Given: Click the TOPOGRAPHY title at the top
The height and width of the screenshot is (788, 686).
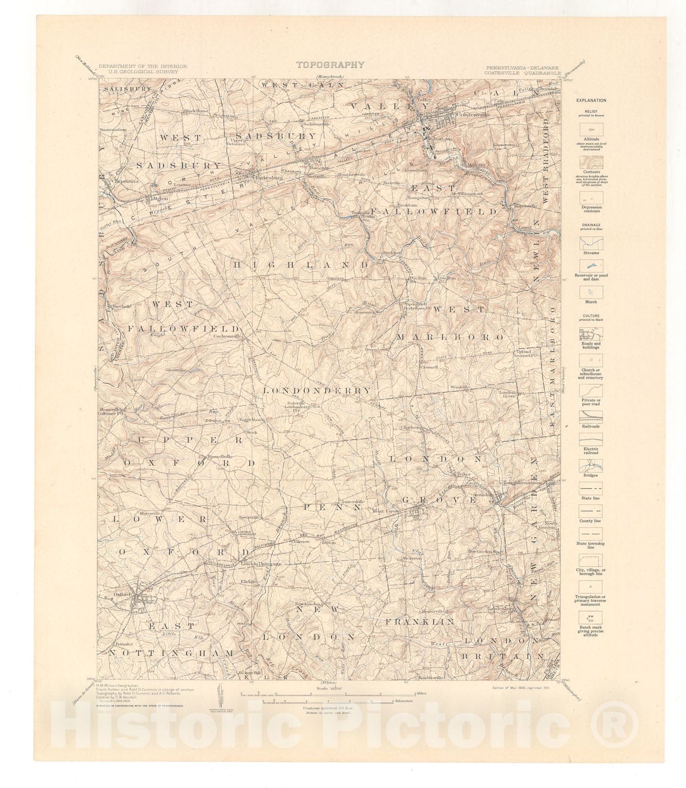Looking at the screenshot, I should tap(330, 65).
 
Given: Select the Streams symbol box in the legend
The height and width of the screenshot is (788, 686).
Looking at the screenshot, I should tap(591, 243).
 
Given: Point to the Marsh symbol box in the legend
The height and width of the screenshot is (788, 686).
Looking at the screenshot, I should tap(591, 291).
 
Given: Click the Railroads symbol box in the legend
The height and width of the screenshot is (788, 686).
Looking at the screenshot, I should tap(591, 417).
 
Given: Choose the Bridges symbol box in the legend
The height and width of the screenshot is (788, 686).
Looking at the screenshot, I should tap(591, 465).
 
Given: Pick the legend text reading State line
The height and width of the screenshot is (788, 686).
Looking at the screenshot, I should tap(591, 498).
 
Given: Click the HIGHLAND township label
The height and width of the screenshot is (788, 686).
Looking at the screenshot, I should tap(301, 265).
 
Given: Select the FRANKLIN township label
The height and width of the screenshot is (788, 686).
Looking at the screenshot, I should tap(420, 622).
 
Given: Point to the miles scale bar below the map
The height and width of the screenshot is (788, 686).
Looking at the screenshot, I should tap(328, 693).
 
